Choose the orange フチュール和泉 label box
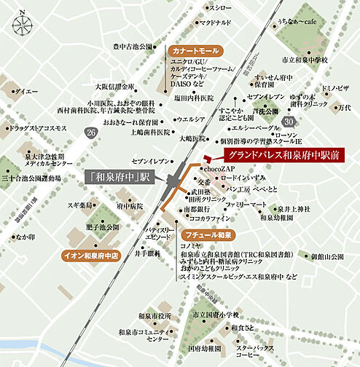point(207,235)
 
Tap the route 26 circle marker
point(90,133)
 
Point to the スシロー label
point(220,7)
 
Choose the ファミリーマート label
point(246,205)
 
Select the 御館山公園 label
point(326,256)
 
